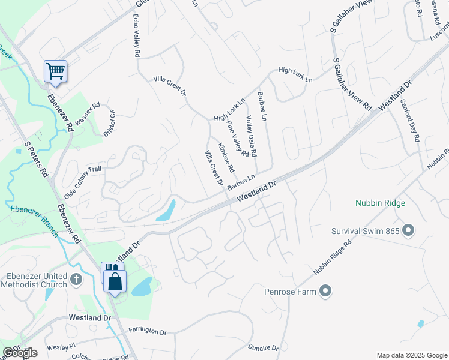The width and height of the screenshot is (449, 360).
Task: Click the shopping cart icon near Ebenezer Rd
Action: (55, 71)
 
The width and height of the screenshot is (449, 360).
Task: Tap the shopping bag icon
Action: (115, 281)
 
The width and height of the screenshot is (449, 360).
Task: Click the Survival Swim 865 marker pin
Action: (409, 230)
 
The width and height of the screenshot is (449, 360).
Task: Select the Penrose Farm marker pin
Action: (325, 292)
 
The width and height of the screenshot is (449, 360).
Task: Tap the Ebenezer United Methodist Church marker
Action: (76, 279)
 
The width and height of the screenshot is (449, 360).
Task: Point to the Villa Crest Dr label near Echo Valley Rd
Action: (169, 86)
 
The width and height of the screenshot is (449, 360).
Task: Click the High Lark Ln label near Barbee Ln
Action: (230, 109)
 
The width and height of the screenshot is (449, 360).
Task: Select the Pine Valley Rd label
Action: (238, 139)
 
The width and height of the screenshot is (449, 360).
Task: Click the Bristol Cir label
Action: (109, 123)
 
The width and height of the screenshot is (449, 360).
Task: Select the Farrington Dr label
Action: (147, 331)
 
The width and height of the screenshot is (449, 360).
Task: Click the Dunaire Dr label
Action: (263, 348)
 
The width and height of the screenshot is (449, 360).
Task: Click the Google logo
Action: (20, 353)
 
